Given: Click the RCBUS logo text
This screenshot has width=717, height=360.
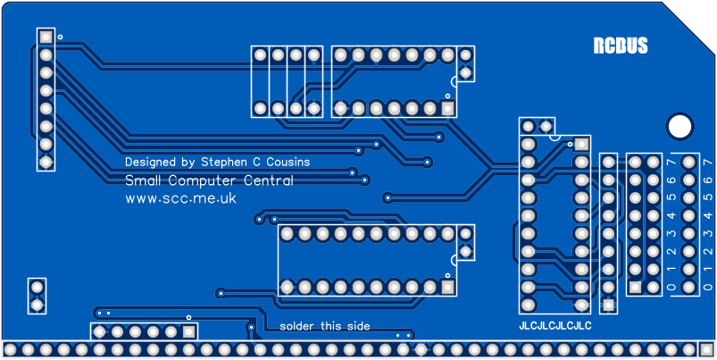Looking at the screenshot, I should [x=621, y=46].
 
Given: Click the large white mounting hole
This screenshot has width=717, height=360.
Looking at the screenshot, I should [x=679, y=125].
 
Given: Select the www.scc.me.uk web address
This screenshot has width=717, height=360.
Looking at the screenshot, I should [x=180, y=199].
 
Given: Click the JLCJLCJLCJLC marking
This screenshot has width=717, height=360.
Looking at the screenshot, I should [x=555, y=326].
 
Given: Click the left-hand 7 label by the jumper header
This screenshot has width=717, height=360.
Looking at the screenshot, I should [x=671, y=162].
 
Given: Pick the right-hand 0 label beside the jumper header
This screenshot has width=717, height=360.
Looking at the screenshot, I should [x=708, y=287].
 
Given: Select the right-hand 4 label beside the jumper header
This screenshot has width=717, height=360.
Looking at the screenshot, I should [x=708, y=215].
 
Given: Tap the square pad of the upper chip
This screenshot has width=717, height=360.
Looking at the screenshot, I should [x=447, y=108].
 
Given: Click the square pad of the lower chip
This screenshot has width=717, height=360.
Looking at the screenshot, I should [x=447, y=287].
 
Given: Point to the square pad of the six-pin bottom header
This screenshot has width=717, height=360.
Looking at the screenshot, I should [x=188, y=331].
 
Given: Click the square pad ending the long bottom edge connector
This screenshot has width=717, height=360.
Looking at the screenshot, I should [x=706, y=348].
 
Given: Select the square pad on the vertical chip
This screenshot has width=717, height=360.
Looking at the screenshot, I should [x=582, y=144].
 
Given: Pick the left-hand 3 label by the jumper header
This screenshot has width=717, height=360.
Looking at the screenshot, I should [x=671, y=233].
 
